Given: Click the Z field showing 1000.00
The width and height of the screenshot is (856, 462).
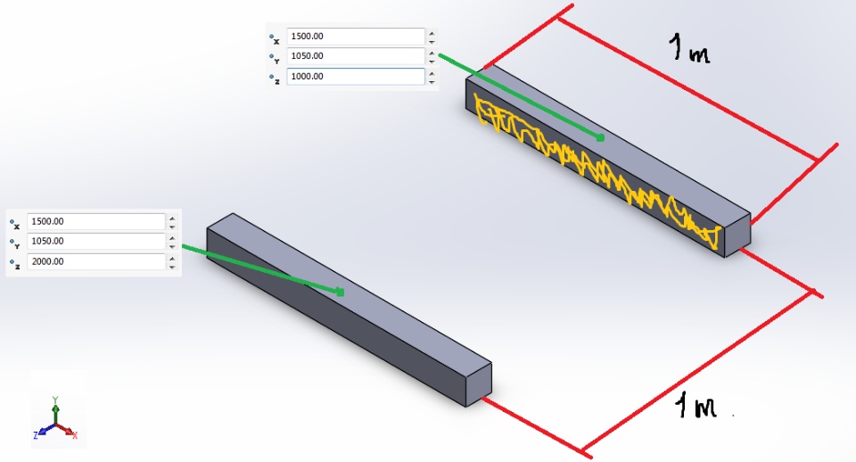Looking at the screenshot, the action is tap(356, 77).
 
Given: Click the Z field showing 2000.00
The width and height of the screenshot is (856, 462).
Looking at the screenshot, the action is tap(96, 261).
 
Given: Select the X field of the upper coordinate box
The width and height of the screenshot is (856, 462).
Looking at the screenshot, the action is tap(356, 36).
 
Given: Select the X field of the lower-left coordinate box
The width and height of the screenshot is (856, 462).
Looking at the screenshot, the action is tap(96, 221).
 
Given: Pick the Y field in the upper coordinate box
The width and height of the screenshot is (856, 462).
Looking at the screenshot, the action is tap(356, 55).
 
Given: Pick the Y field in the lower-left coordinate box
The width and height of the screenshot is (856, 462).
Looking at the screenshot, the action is tap(96, 241).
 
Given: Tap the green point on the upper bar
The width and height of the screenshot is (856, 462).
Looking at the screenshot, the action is tap(600, 137).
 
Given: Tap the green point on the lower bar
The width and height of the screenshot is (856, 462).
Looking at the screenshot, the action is tap(340, 293).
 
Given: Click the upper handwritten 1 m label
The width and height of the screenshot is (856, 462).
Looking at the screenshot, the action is tap(689, 48).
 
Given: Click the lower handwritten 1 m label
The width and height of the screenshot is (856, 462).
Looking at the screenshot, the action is tap(695, 407).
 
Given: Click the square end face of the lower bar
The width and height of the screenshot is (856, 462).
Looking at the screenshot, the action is tap(479, 384).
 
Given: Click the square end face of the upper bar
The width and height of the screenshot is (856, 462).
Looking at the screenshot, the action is tap(737, 235).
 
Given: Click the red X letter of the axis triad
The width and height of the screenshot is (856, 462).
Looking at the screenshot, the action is tap(75, 435).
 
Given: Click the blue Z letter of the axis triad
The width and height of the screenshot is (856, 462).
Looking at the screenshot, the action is tap(36, 435).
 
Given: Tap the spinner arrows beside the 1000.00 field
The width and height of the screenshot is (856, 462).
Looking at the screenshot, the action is tap(432, 77).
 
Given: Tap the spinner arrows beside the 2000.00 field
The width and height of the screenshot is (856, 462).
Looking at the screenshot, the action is tap(172, 261).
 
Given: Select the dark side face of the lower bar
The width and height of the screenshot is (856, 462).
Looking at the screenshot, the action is tap(336, 318).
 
